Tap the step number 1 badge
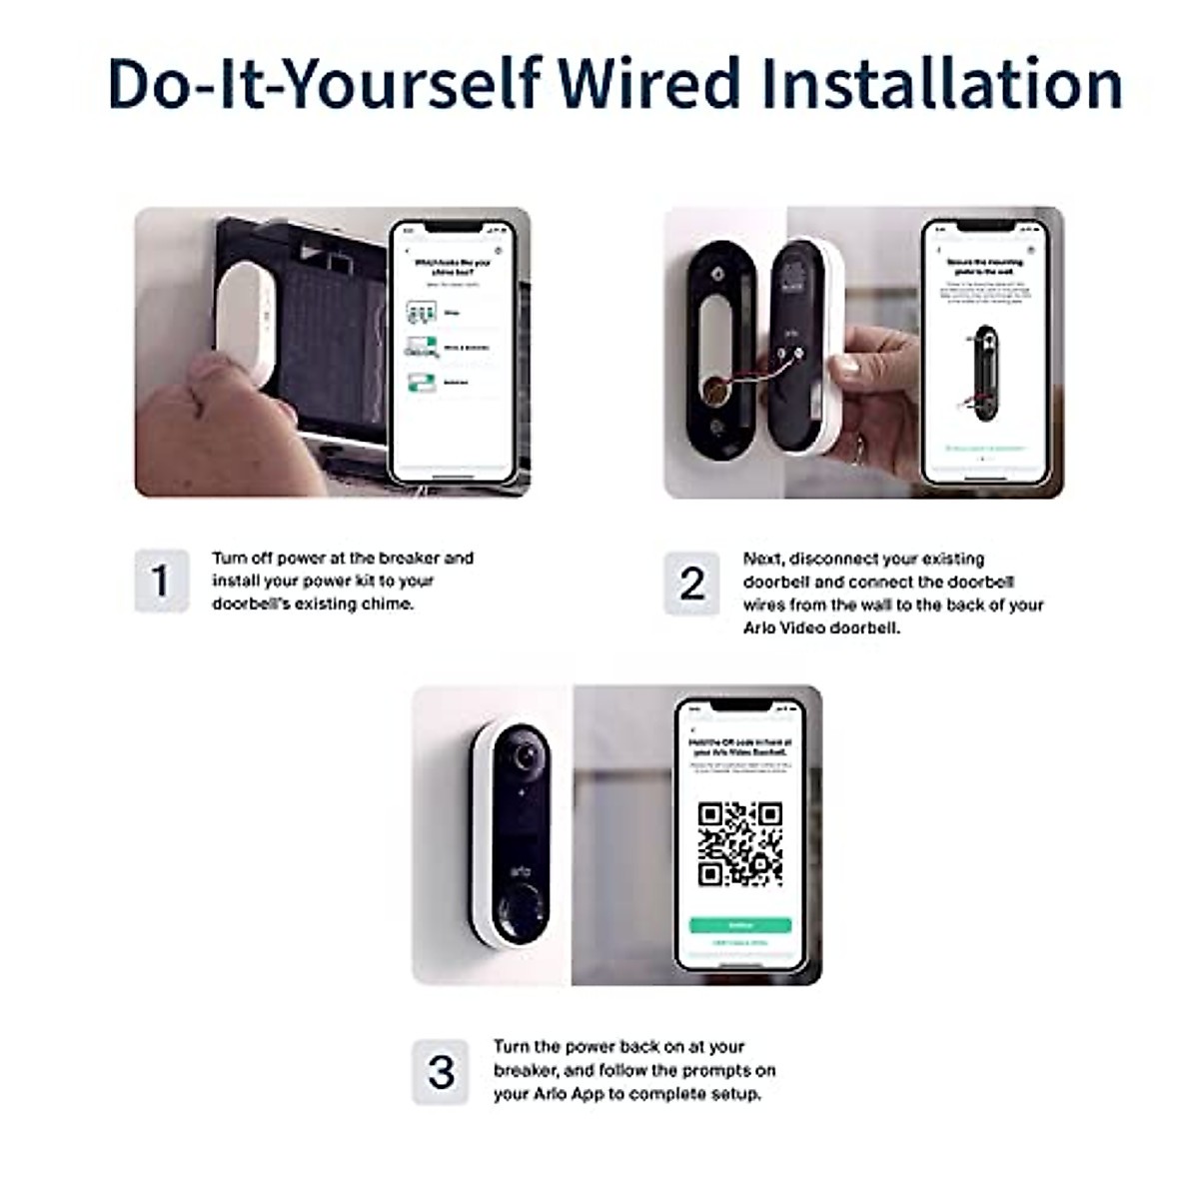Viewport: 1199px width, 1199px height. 161,581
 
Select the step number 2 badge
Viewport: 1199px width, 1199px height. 691,584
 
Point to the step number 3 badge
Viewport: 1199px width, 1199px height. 440,1072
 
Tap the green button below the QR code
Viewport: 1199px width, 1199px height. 739,925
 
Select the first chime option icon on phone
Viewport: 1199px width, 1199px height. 422,313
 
